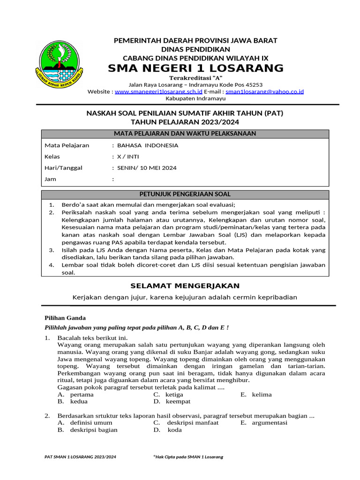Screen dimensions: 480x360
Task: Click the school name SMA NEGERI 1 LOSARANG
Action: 195,68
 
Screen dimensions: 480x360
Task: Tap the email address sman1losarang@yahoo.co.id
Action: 264,91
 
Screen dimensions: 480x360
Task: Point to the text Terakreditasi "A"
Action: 195,77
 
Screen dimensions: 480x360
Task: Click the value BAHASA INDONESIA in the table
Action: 148,145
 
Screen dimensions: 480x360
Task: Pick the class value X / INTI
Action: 128,157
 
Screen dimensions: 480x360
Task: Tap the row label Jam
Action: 50,179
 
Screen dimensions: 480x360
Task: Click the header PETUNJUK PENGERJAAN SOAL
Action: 185,194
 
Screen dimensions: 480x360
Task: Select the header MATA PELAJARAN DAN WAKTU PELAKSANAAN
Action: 185,134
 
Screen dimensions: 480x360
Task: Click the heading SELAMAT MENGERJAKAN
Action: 185,285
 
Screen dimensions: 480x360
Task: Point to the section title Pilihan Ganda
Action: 65,317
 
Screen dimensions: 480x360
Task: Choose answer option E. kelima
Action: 256,394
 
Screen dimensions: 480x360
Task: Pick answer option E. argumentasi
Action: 264,422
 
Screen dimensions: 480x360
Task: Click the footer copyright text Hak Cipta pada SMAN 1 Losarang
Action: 188,457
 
